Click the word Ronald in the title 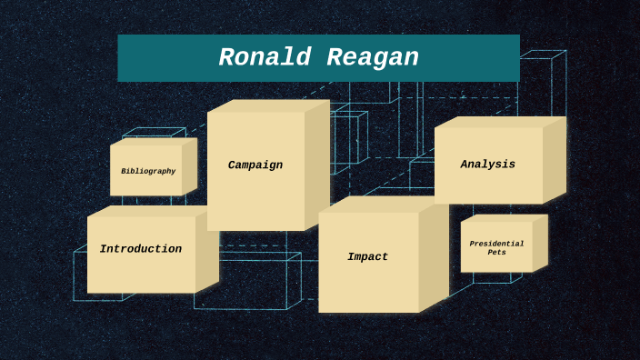click(x=264, y=58)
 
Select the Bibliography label click(x=148, y=171)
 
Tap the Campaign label click(x=255, y=165)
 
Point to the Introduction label click(x=141, y=249)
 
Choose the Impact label click(x=368, y=257)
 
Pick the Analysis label click(x=488, y=165)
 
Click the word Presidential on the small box click(x=497, y=244)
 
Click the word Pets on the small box click(x=497, y=253)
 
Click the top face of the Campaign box click(x=268, y=105)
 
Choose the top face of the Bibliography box click(x=153, y=141)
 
